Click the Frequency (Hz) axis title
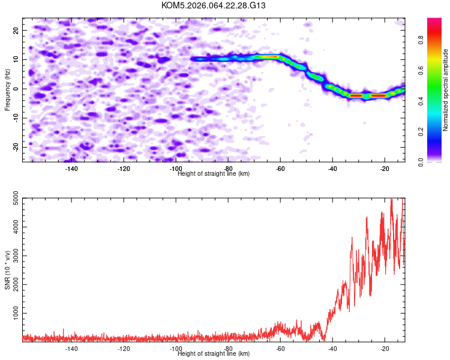(7, 89)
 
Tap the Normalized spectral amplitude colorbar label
(445, 90)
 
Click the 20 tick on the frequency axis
(17, 30)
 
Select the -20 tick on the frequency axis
(16, 147)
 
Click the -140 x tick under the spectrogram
(71, 169)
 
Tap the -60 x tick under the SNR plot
(280, 348)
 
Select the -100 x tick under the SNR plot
(176, 348)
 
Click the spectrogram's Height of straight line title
(214, 173)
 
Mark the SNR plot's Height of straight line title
(214, 353)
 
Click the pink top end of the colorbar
(434, 22)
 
